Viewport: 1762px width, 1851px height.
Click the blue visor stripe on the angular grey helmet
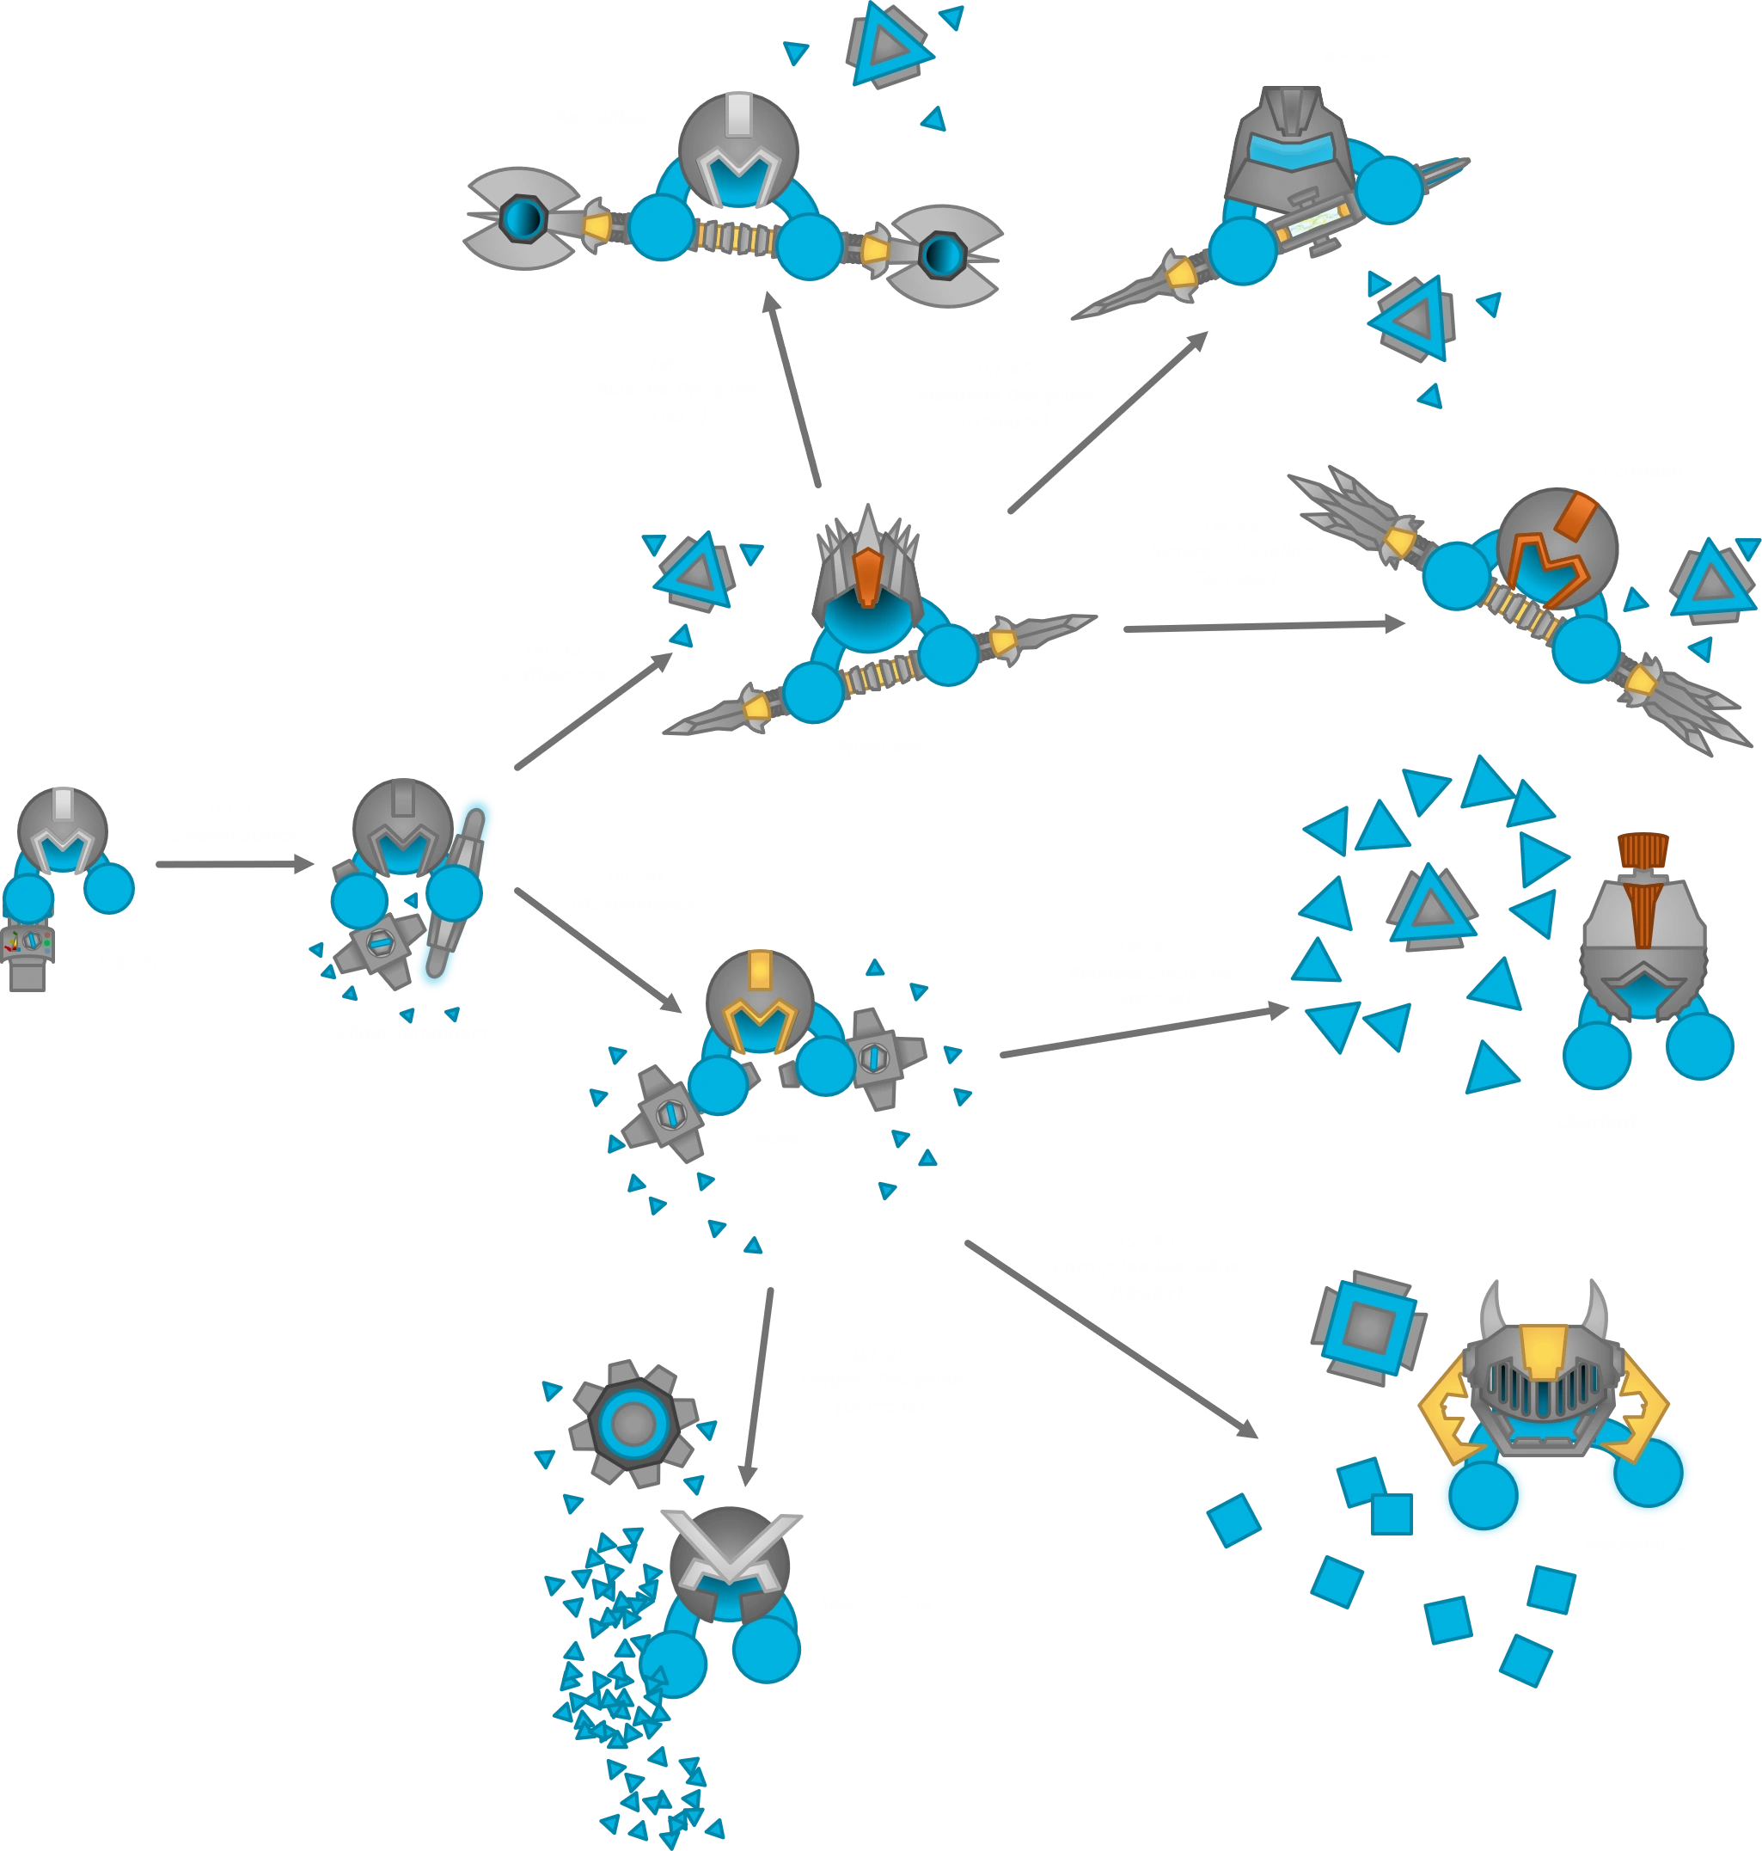1292,152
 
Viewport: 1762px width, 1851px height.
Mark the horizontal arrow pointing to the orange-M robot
1263,627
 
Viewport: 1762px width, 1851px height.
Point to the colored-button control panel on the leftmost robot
28,942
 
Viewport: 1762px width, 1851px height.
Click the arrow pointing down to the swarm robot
757,1387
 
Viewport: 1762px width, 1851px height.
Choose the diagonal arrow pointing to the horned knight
1114,1341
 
